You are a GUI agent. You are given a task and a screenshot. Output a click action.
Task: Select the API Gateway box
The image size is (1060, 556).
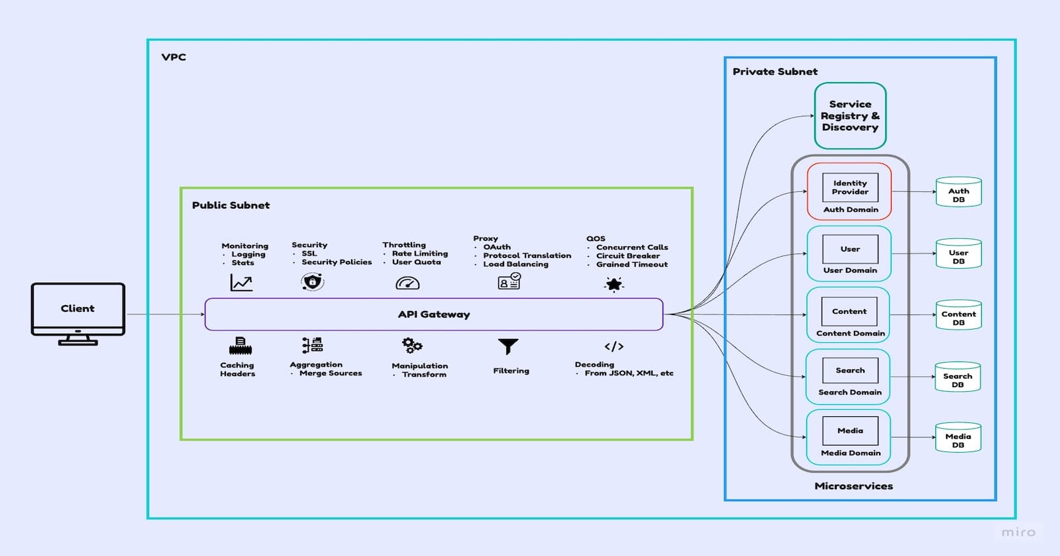[434, 314]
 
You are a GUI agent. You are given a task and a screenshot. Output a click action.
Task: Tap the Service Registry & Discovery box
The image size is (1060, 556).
[850, 116]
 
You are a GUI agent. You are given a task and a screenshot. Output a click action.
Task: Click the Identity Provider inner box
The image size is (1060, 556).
[850, 187]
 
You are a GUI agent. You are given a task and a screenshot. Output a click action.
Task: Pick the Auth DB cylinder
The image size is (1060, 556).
[958, 193]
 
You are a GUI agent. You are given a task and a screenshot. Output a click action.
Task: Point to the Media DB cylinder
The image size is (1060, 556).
[958, 438]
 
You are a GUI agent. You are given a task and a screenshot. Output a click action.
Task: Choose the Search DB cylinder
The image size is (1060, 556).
[957, 377]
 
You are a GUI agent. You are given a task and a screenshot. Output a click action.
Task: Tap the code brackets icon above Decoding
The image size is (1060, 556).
[613, 346]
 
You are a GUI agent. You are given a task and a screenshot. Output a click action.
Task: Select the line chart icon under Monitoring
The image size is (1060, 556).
[241, 283]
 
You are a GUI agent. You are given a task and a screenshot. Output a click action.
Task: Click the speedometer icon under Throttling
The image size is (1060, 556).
[407, 283]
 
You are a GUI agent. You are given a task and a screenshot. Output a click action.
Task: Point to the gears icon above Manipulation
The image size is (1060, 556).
[412, 345]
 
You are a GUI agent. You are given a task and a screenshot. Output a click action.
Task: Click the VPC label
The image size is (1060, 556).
[174, 57]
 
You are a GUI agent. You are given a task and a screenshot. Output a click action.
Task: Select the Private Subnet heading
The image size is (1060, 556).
[774, 71]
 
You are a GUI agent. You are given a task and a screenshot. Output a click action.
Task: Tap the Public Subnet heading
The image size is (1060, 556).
[231, 205]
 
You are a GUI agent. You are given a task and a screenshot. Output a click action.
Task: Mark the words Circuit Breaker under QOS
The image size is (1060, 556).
[627, 255]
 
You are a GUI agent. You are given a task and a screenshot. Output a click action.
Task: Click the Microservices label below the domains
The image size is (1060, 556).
[853, 486]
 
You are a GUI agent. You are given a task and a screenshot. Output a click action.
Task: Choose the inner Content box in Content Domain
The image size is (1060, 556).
[849, 311]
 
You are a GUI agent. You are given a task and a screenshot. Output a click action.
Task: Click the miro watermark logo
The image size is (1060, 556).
[1018, 532]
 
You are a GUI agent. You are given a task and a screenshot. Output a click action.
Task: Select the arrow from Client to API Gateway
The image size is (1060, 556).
[166, 314]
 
